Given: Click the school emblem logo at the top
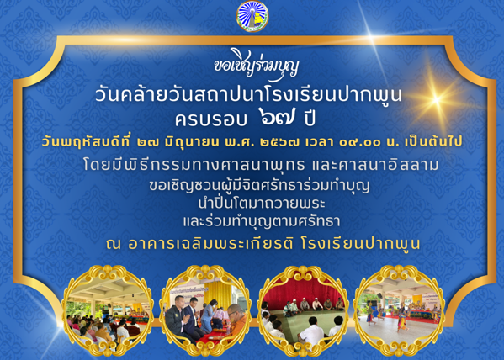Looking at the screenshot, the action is coord(252,16).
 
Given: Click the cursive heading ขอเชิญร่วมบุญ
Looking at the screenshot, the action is coord(256,64).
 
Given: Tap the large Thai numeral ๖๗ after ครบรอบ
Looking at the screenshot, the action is coord(277,118).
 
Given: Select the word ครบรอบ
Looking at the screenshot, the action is coord(211,119).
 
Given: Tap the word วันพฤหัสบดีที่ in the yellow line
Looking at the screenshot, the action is coord(86,141).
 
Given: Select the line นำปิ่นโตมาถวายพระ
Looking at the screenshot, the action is coord(262,204).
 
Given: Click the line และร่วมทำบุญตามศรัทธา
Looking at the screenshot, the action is coord(262,221).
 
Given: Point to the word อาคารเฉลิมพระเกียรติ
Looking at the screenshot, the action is coord(210,244).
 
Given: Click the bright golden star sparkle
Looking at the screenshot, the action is coord(436,99).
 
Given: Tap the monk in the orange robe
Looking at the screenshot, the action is coord(236,321).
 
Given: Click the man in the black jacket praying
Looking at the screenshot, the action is coord(176,316).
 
